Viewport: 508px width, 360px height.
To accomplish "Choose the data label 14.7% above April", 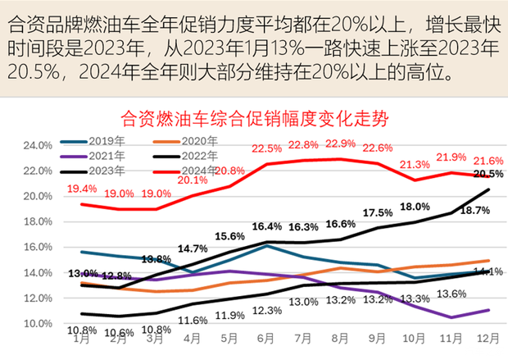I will point(192,248).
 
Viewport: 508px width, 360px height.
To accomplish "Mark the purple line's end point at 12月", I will point(489,310).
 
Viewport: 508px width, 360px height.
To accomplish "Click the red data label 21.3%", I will point(410,165).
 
